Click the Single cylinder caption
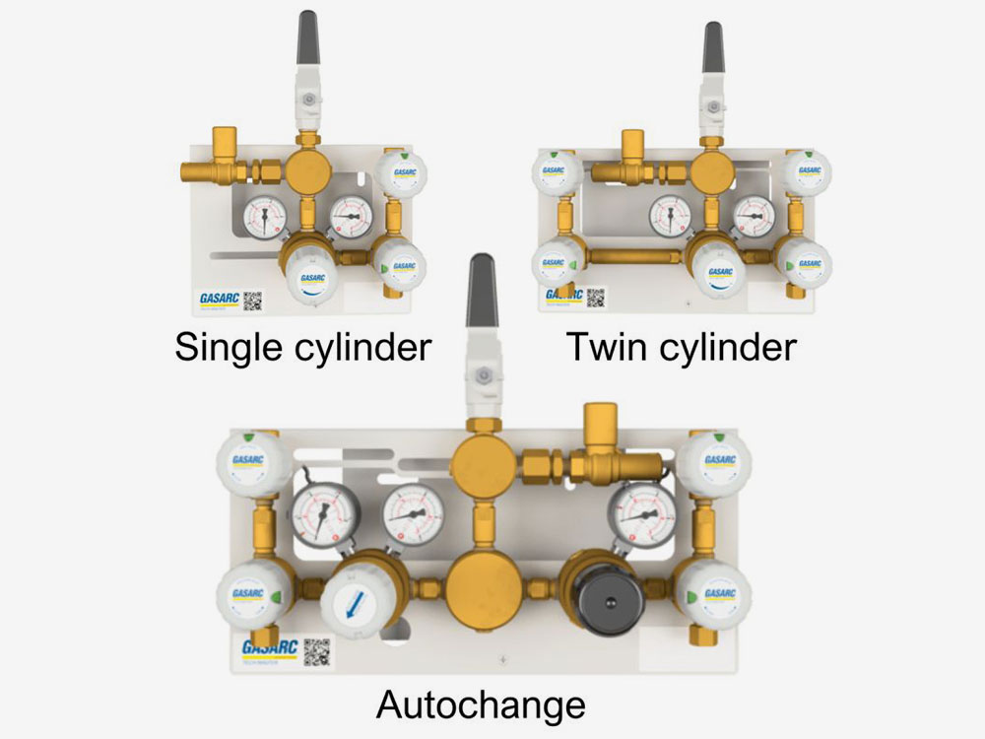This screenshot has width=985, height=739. point(303,348)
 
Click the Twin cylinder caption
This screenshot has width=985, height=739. point(681,348)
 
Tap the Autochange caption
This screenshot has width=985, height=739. point(481,705)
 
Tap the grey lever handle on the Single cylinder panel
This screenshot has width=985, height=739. point(308,37)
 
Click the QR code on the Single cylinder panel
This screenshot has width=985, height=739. point(253,300)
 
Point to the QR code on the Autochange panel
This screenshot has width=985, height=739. point(315,651)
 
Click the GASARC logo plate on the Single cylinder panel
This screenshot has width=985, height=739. point(217,300)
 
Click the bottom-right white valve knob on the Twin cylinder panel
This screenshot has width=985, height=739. point(808,263)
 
